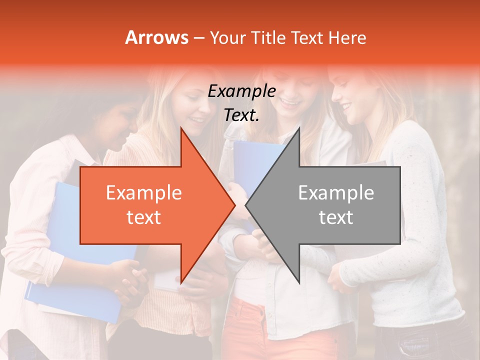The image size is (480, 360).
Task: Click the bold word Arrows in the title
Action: point(156,37)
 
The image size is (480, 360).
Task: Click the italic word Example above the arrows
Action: point(241,91)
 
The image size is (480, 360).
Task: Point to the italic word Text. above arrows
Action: point(241,115)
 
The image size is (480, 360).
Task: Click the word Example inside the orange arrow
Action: point(143,193)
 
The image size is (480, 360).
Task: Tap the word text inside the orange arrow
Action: point(143,217)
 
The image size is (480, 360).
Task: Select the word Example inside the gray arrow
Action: point(336,193)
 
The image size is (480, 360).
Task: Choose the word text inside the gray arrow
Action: point(336,217)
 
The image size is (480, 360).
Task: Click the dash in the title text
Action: point(198,38)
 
